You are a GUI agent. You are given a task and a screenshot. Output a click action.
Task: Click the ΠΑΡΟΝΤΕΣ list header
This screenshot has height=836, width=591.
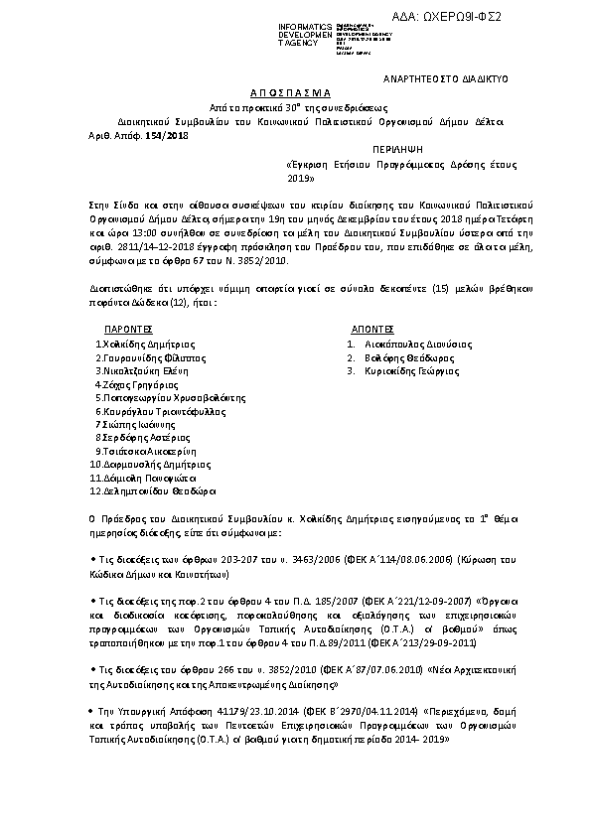pos(128,328)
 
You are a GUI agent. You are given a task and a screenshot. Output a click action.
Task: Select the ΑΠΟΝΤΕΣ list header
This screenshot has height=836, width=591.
pos(372,328)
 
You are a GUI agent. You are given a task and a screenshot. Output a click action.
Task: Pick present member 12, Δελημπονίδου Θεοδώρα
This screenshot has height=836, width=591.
pos(153,490)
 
